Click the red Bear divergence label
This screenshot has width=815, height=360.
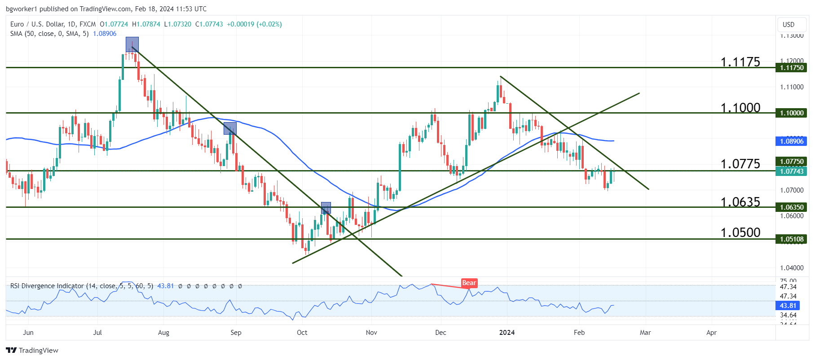pos(469,283)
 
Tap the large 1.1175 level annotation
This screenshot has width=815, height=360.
pos(740,62)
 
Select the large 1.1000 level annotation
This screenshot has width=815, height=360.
pos(740,108)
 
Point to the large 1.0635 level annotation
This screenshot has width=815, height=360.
pos(740,202)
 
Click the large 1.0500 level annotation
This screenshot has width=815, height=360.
pos(740,233)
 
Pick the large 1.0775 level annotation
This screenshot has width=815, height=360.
pos(740,164)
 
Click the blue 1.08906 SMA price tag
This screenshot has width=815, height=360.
pos(791,141)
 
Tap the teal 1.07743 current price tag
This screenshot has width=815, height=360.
pos(791,171)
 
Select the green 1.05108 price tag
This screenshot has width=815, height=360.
pos(791,239)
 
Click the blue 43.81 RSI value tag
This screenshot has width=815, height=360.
pos(788,306)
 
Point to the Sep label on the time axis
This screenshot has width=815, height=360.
pos(236,333)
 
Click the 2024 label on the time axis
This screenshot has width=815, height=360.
pos(507,333)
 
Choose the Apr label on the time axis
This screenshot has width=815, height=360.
pos(711,333)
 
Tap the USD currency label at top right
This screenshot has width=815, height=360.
pos(789,25)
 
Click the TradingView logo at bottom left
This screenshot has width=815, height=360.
pos(32,351)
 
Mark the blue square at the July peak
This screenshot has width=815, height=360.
pos(132,44)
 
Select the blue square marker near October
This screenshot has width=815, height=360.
pos(326,207)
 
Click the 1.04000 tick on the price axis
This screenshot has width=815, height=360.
pos(792,268)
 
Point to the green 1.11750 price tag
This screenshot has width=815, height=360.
pos(791,68)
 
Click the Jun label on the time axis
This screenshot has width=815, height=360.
pos(28,333)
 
